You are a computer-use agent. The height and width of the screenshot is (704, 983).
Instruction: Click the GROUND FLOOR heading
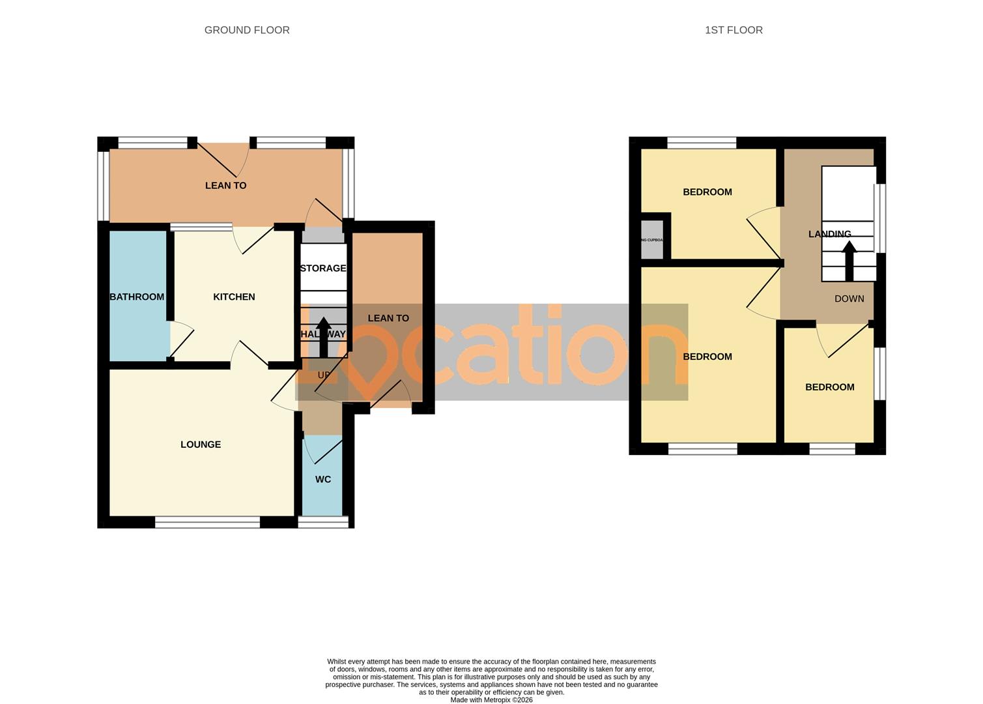tap(247, 30)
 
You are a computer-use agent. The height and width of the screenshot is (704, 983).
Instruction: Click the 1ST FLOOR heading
tap(734, 30)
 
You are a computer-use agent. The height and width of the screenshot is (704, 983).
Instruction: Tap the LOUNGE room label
tap(201, 445)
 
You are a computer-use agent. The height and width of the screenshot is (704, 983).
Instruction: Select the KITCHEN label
tap(234, 297)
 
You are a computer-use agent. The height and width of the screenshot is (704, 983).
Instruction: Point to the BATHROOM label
tap(137, 297)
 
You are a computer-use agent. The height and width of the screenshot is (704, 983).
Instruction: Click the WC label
tap(323, 479)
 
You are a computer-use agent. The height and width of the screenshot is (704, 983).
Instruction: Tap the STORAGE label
tap(323, 268)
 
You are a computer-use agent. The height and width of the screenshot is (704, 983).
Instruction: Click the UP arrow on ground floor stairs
tap(323, 336)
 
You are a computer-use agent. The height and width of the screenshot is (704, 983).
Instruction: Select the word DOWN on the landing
tap(849, 299)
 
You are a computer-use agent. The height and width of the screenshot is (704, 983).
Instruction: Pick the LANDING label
tap(829, 234)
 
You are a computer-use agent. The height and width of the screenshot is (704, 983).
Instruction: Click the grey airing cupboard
tap(652, 240)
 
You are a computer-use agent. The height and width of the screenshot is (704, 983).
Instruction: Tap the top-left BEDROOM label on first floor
tap(707, 192)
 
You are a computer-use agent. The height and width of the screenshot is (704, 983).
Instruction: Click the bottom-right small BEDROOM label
tap(829, 387)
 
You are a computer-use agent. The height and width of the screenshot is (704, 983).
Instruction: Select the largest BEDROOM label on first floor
tap(707, 357)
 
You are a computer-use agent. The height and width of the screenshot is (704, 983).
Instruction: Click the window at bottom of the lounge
tap(207, 521)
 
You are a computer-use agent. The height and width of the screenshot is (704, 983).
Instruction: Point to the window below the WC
tap(323, 521)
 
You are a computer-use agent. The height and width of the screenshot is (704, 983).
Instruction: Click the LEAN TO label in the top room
tap(226, 185)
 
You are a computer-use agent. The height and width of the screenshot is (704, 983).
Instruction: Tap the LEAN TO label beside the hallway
tap(388, 318)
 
